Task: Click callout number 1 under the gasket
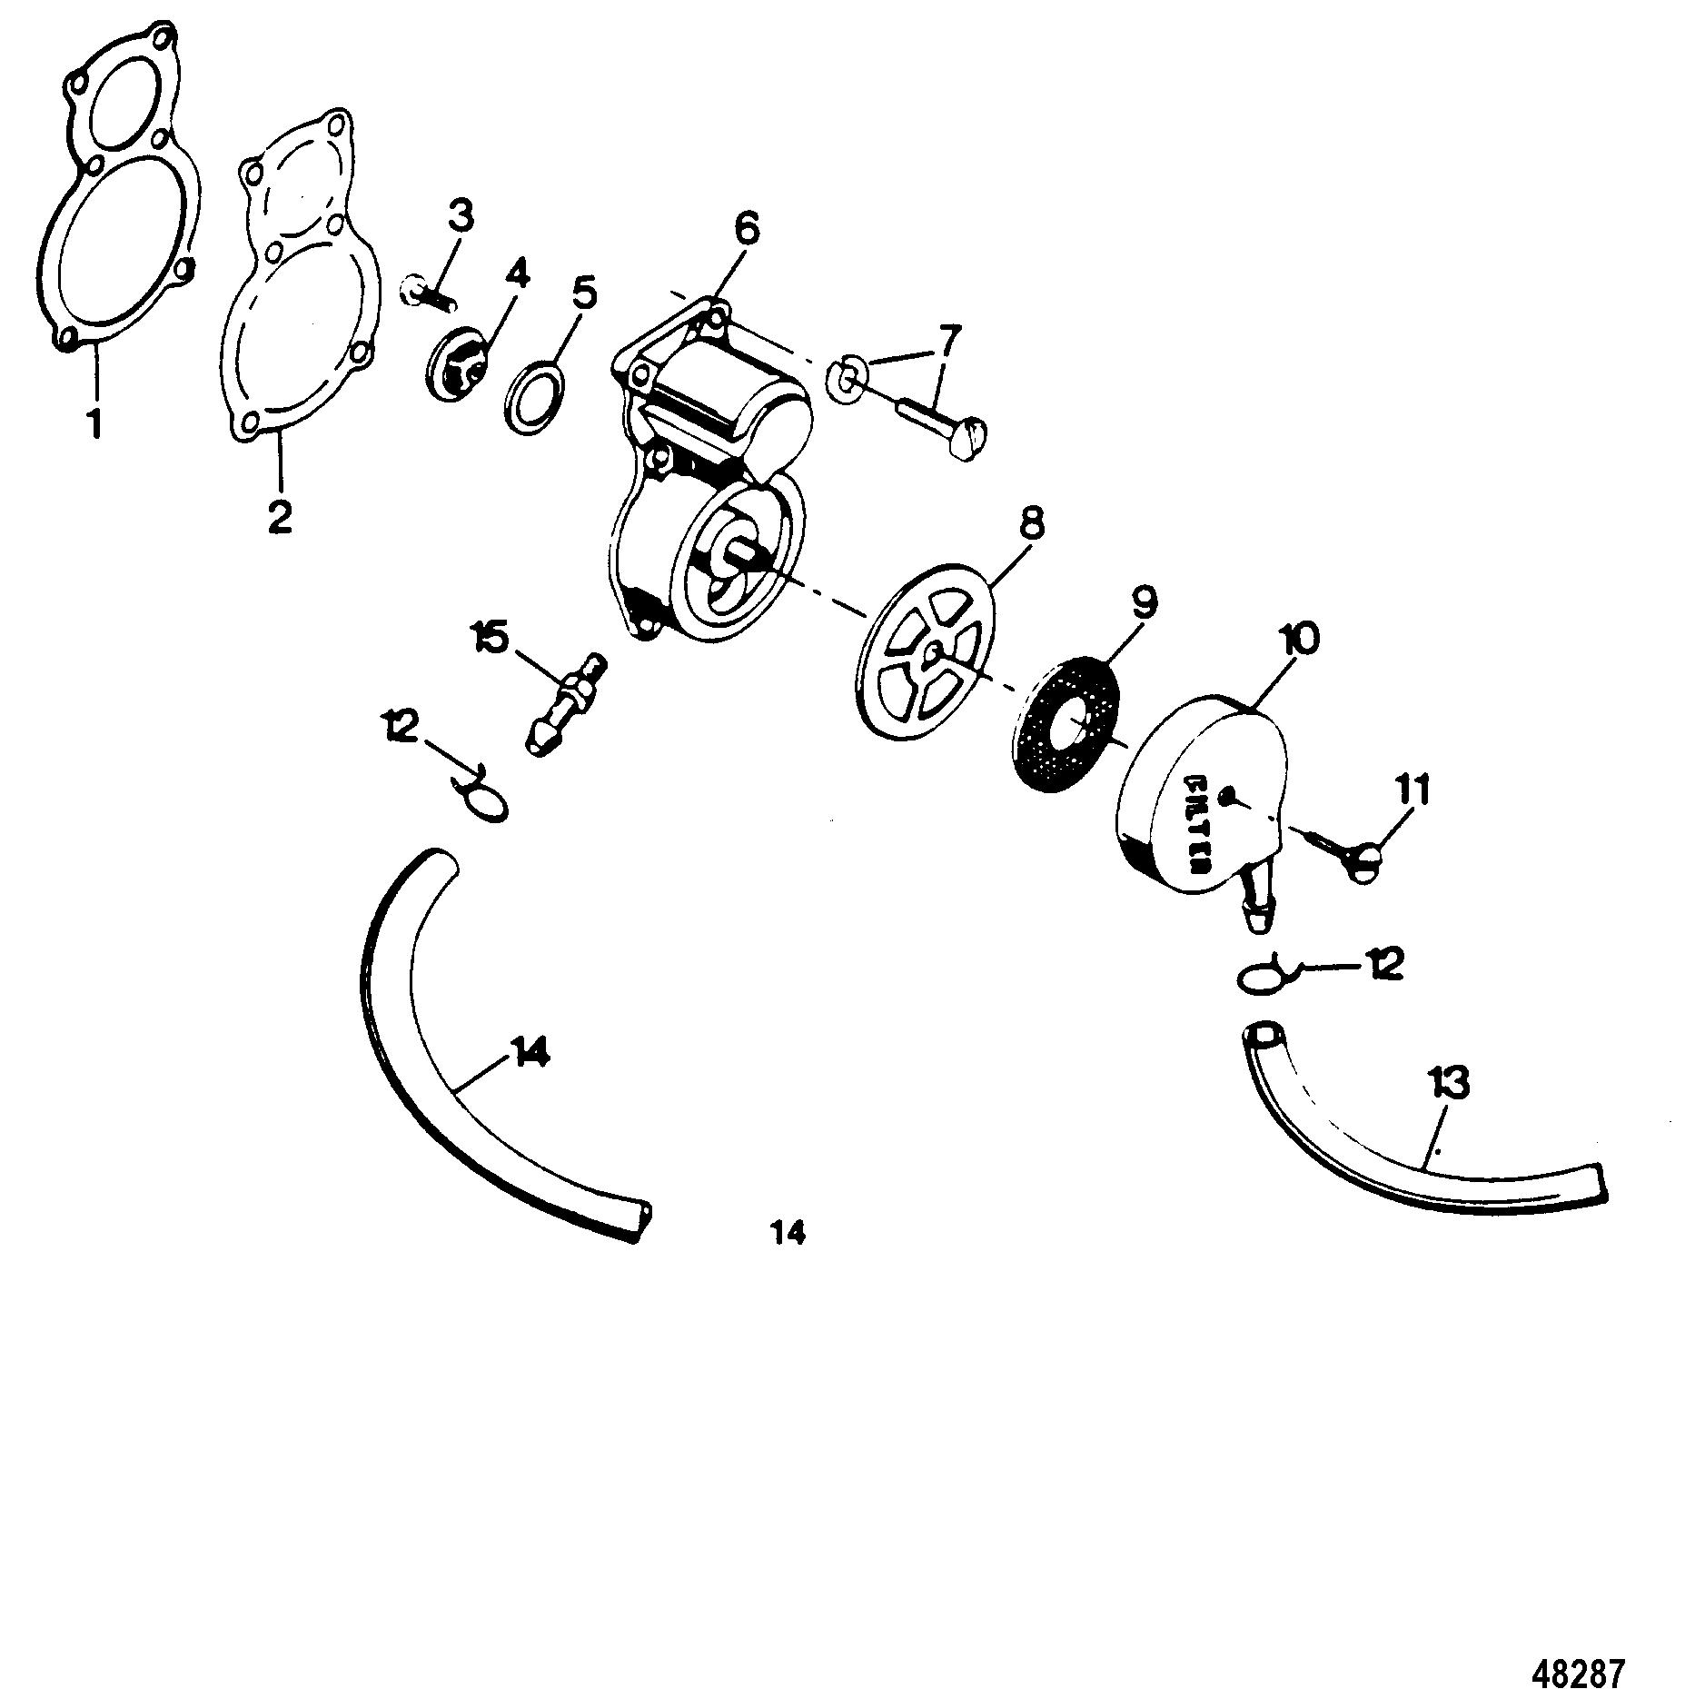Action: pos(94,423)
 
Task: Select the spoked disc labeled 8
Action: pos(924,661)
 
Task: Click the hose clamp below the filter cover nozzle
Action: pos(1264,977)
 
